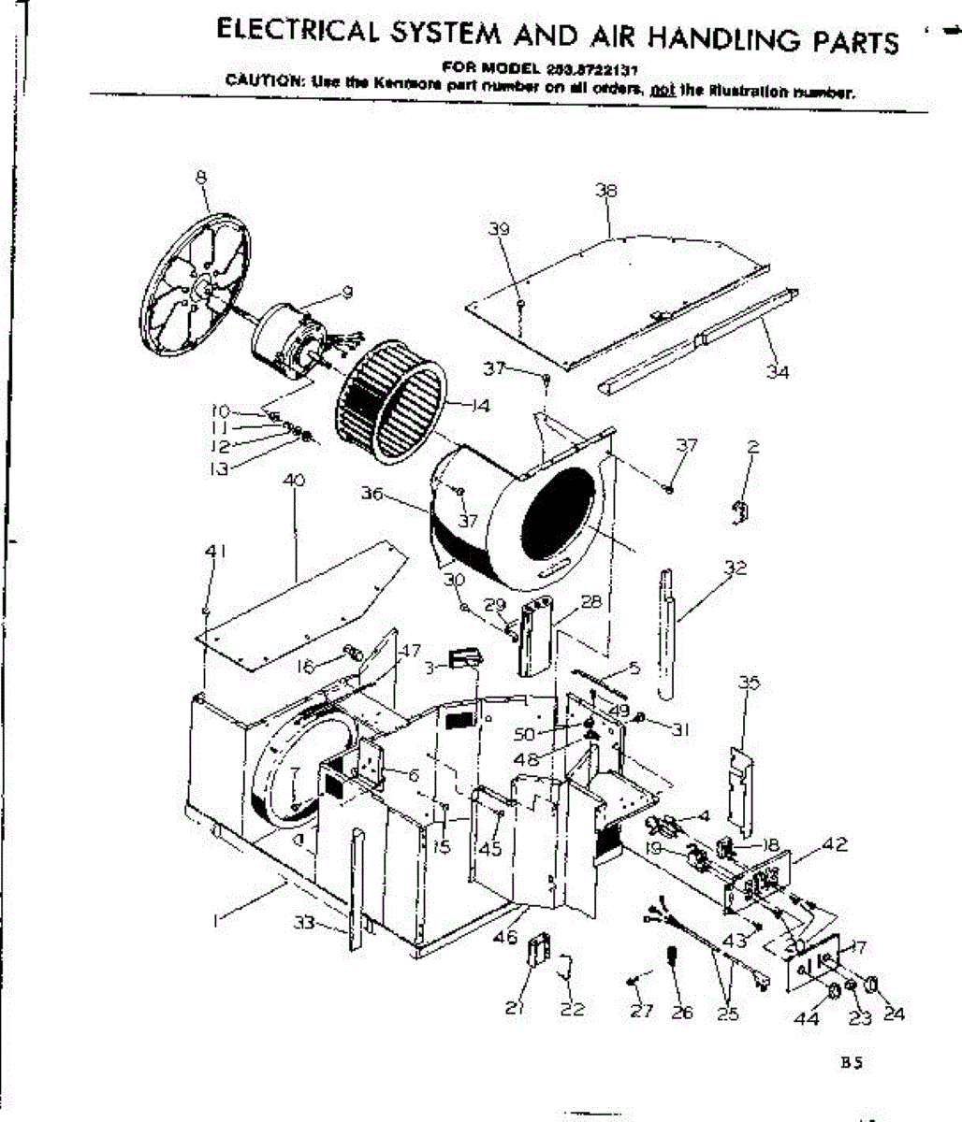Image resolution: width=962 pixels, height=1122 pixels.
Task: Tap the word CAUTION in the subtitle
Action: coord(255,81)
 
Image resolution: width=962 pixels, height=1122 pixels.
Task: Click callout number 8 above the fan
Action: coord(200,178)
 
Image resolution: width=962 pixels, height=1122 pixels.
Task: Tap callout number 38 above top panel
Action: coord(606,192)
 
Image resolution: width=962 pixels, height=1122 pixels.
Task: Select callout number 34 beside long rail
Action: coord(778,372)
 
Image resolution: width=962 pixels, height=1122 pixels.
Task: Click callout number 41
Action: coord(216,552)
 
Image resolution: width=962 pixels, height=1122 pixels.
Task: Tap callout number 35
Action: coord(749,683)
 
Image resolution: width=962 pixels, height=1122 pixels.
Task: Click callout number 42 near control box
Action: coord(835,844)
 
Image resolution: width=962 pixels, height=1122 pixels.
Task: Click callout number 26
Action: coord(682,1013)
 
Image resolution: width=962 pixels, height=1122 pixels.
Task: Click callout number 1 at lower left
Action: coord(216,921)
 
